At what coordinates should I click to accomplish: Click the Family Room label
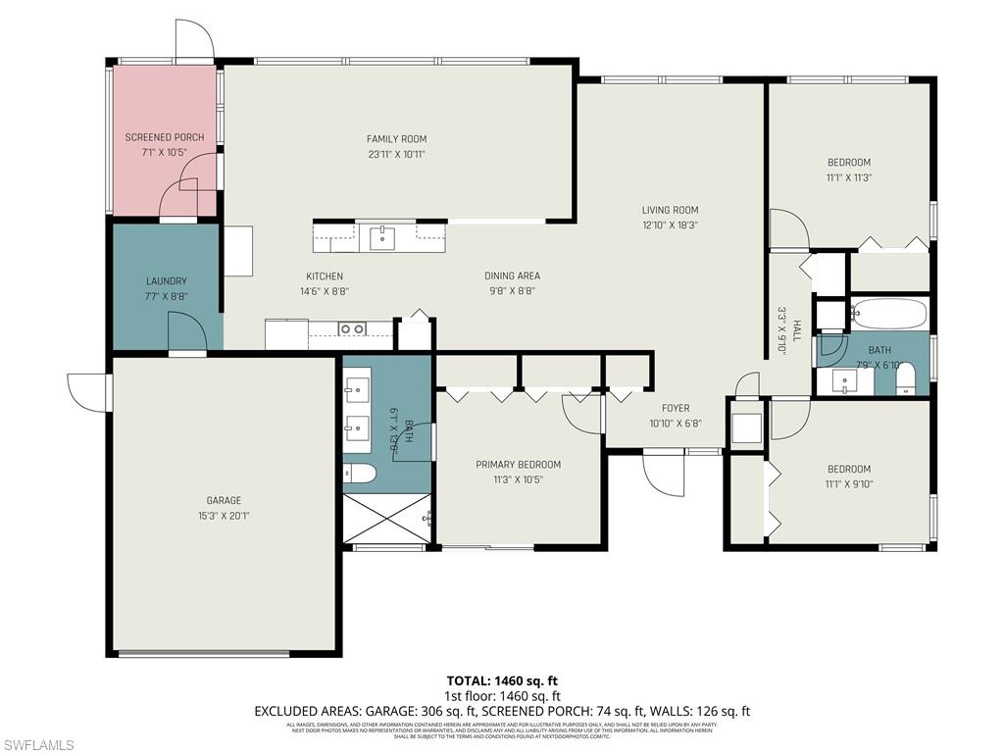[x=396, y=139]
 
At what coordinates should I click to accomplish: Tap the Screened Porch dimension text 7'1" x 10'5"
[x=165, y=153]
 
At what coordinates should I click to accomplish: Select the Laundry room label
[x=166, y=281]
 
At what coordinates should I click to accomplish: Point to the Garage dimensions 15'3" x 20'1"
[x=224, y=516]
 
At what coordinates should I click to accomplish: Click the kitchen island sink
[x=381, y=237]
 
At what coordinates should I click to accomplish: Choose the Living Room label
[x=670, y=210]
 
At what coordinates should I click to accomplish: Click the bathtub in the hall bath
[x=888, y=314]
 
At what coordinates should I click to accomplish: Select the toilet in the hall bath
[x=906, y=378]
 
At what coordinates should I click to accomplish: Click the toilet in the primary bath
[x=360, y=474]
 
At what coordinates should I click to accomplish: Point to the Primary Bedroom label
[x=518, y=465]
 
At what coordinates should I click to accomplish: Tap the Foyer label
[x=675, y=409]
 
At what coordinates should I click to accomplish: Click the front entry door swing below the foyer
[x=663, y=475]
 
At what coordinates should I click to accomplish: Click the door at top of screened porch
[x=193, y=39]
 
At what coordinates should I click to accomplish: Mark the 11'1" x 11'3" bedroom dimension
[x=848, y=178]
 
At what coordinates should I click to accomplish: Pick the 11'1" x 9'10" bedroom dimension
[x=848, y=484]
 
